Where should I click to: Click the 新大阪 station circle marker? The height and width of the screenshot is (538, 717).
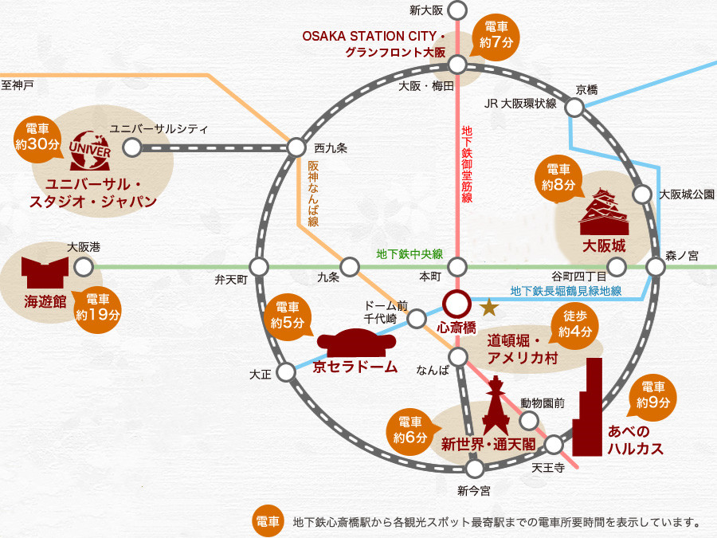tap(458, 10)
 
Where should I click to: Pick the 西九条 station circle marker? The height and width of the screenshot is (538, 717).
tap(296, 147)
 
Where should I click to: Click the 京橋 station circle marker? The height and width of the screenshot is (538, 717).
tap(574, 108)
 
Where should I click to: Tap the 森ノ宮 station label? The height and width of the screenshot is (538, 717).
tap(682, 255)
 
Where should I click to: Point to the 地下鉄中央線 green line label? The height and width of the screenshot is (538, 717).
tap(409, 254)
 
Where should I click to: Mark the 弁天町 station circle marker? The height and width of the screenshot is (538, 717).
tap(259, 268)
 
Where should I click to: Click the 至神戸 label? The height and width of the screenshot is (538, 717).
tap(18, 84)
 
